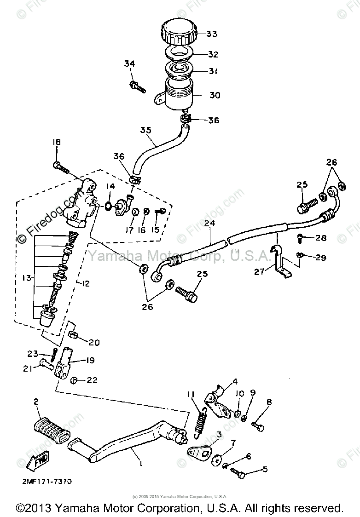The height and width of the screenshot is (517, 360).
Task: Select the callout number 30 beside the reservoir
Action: (x=215, y=96)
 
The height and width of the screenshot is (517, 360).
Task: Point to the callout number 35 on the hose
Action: (x=145, y=130)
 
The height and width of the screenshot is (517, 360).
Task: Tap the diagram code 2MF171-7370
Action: (x=46, y=481)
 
